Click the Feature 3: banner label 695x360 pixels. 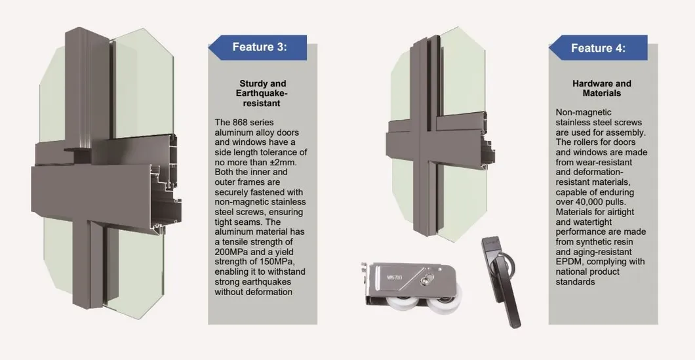click(x=260, y=47)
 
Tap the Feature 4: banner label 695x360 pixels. click(x=599, y=48)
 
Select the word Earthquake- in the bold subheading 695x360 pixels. click(x=262, y=94)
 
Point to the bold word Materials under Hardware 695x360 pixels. click(x=601, y=94)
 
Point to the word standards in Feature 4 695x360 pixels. click(x=575, y=281)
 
